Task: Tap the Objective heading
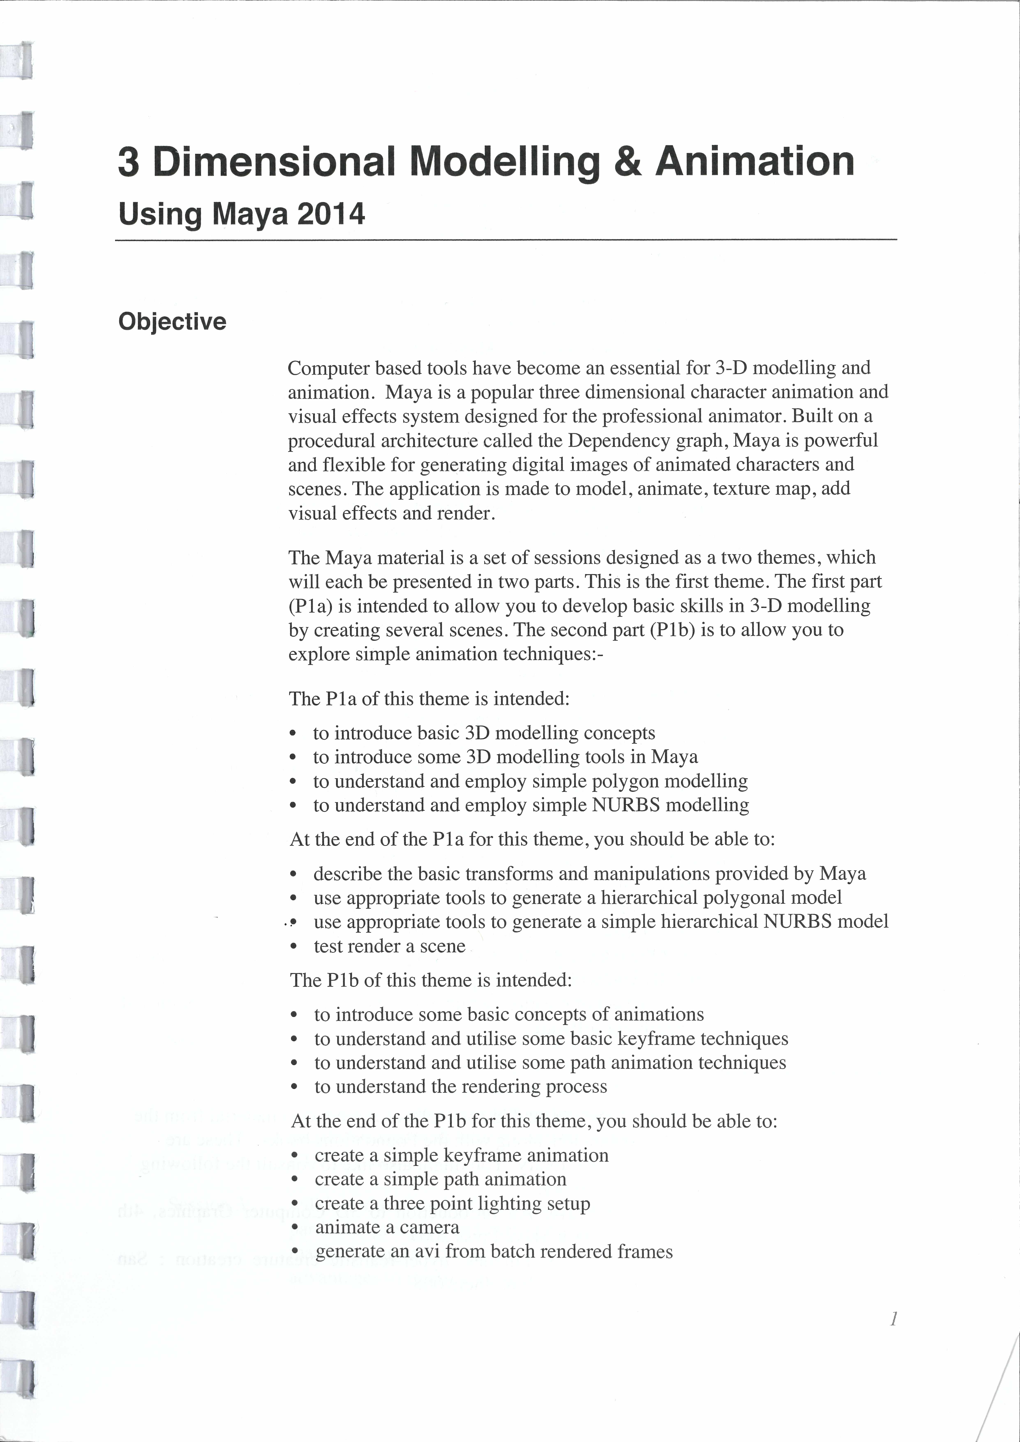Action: (172, 321)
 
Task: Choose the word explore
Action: (319, 654)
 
